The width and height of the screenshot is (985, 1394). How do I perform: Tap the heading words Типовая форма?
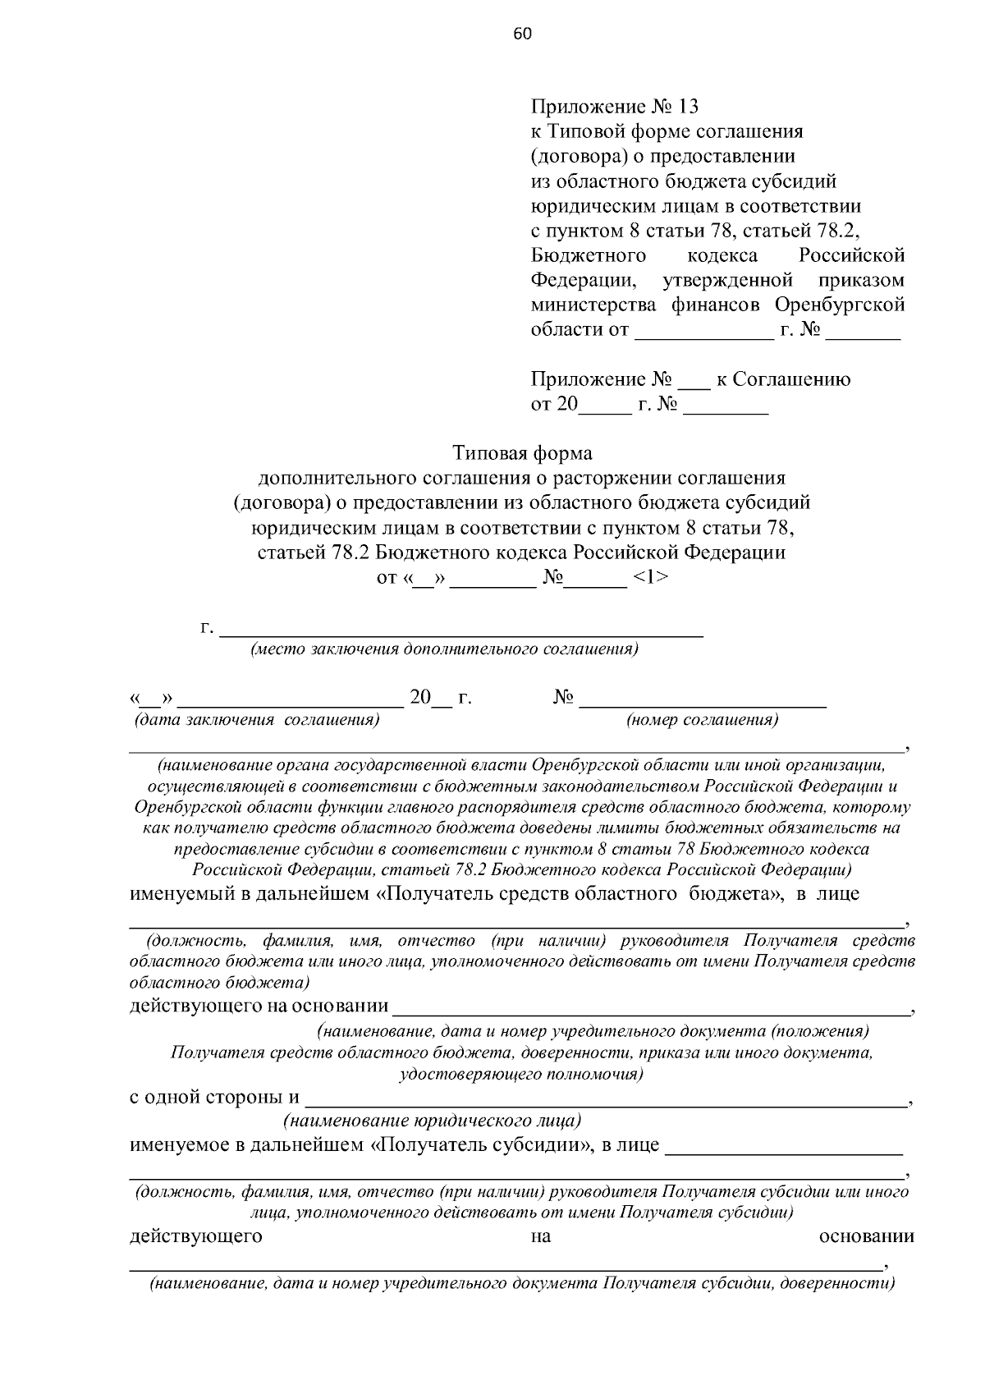coord(522,453)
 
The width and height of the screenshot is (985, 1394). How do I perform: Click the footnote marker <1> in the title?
coord(650,578)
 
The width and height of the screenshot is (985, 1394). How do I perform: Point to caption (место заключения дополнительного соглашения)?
coord(444,649)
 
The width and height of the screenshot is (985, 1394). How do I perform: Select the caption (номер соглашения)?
coord(702,721)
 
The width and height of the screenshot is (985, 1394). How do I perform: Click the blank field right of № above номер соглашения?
coord(703,699)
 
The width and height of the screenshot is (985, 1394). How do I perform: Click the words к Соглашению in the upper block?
coord(783,379)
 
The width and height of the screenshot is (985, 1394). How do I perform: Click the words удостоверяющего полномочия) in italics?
coord(520,1075)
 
